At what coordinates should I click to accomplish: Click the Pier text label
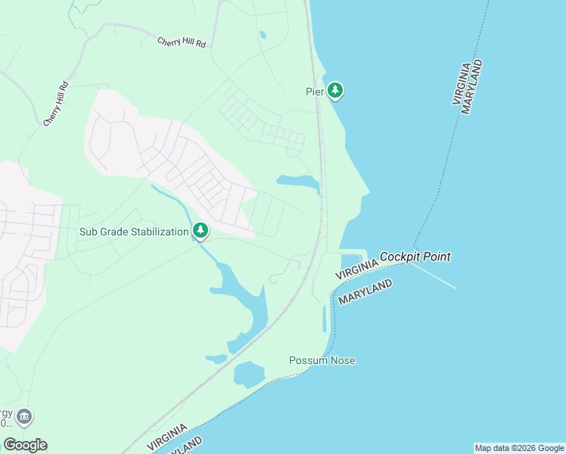point(315,92)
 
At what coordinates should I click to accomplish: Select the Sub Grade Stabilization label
point(134,232)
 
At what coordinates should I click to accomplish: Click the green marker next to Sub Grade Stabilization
point(201,230)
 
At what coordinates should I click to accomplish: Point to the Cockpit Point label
point(415,257)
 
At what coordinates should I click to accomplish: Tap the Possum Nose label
point(322,360)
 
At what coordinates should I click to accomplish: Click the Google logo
point(25,444)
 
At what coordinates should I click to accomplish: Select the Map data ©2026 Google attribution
point(519,448)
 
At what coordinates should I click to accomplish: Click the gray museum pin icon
point(23,417)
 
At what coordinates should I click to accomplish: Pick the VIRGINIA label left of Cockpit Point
point(356,267)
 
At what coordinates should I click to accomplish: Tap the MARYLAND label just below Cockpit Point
point(365,292)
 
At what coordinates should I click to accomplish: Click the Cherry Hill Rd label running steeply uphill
point(56,104)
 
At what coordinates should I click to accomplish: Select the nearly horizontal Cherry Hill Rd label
point(182,43)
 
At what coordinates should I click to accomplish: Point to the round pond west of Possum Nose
point(248,374)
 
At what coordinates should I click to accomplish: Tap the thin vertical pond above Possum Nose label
point(325,319)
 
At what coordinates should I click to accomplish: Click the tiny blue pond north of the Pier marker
point(263,34)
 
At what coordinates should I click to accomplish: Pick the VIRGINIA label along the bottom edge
point(167,437)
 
